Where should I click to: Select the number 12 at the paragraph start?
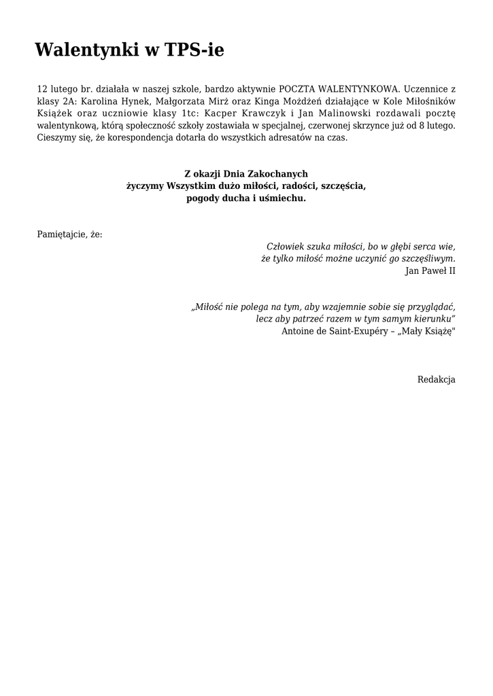pos(42,89)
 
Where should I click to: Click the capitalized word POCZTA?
pos(294,89)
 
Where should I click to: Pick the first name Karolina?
pos(102,101)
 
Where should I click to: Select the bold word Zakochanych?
pos(280,174)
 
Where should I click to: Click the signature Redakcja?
pos(436,379)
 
